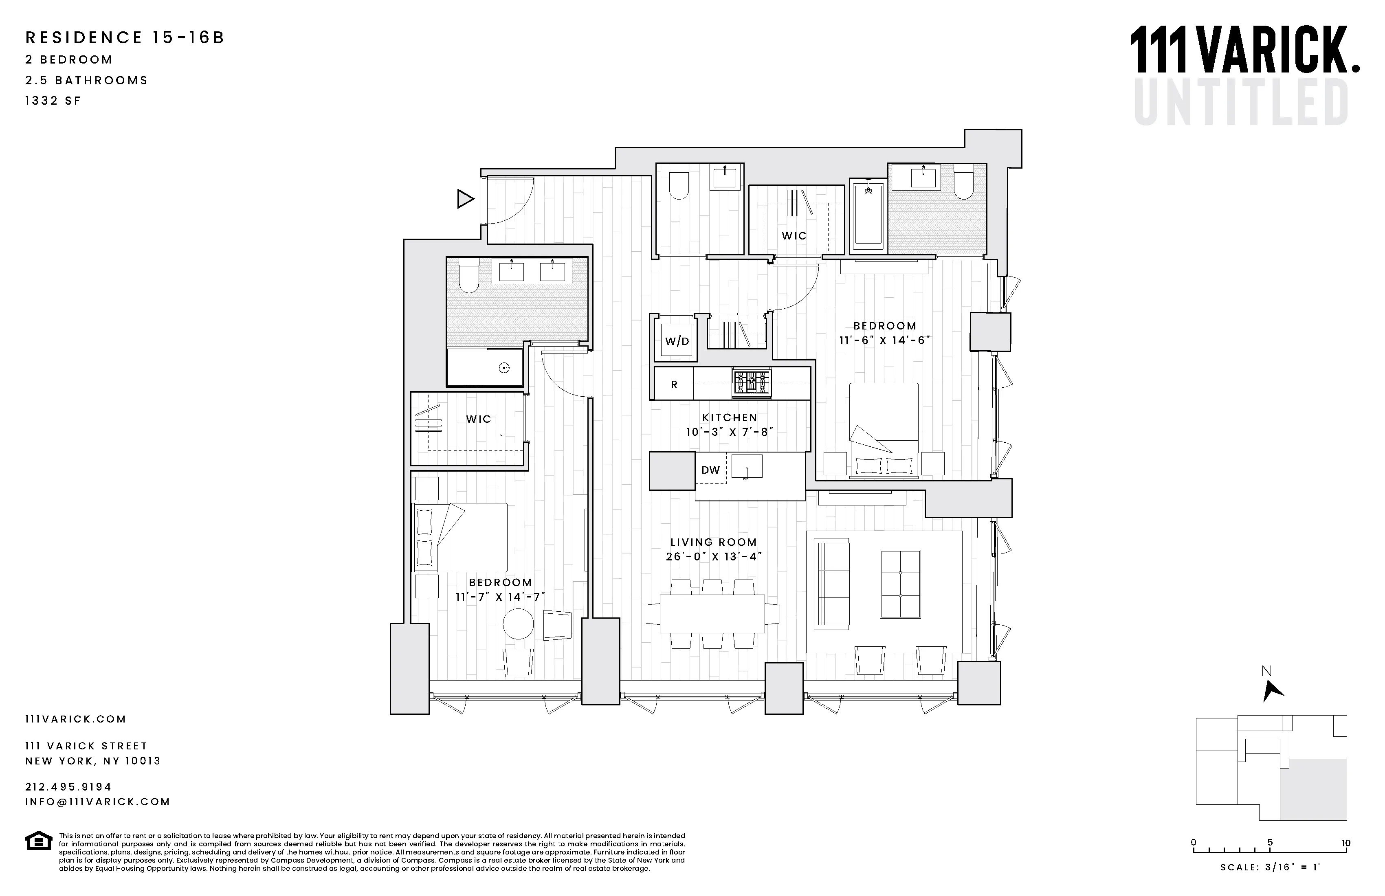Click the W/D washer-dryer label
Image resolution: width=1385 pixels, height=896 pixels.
coord(677,342)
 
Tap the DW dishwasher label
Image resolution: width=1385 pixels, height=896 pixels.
coord(710,470)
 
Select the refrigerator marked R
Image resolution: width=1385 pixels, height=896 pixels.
coord(674,384)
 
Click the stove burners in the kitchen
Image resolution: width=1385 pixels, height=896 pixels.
coord(751,383)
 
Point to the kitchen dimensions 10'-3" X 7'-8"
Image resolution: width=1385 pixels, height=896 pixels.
coord(729,432)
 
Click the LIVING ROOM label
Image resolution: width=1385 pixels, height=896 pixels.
coord(713,542)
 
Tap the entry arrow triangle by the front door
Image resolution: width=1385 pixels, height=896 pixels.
coord(464,199)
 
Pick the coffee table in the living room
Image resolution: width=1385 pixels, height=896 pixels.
coord(900,584)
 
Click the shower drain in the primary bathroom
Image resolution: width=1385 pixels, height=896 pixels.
coord(504,368)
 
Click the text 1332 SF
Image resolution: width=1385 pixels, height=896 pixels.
coord(53,101)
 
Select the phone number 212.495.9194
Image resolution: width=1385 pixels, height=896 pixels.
coord(68,786)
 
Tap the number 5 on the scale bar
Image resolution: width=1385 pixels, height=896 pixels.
coord(1270,843)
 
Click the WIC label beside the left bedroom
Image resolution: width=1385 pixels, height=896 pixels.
coord(478,419)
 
